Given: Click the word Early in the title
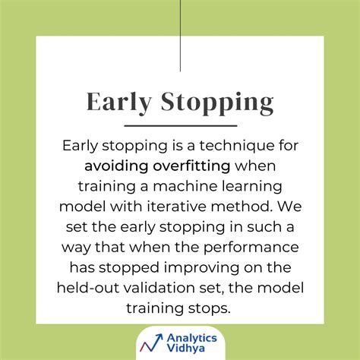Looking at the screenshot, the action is click(119, 103).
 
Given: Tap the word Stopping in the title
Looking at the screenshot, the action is click(217, 103).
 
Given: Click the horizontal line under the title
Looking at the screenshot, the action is click(181, 125).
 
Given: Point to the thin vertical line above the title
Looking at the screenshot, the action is click(180, 36).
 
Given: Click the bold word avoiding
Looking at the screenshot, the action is click(116, 166).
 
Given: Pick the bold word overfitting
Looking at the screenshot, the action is click(191, 166).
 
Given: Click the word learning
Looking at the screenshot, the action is click(252, 187).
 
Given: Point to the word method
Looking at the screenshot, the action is click(242, 206).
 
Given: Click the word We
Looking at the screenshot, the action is click(289, 206).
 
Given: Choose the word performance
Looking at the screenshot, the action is click(251, 248).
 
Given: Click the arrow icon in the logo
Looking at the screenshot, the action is click(151, 343).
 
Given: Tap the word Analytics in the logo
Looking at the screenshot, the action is click(192, 339).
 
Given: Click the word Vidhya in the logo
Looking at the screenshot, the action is click(186, 348).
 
